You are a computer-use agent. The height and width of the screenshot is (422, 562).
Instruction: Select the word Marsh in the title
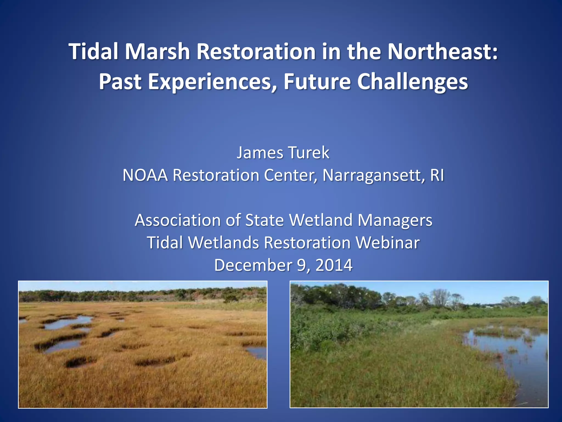(x=158, y=51)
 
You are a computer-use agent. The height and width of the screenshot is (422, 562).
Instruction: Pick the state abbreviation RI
(x=437, y=175)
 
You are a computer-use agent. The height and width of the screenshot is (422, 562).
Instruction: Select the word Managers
(x=395, y=220)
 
